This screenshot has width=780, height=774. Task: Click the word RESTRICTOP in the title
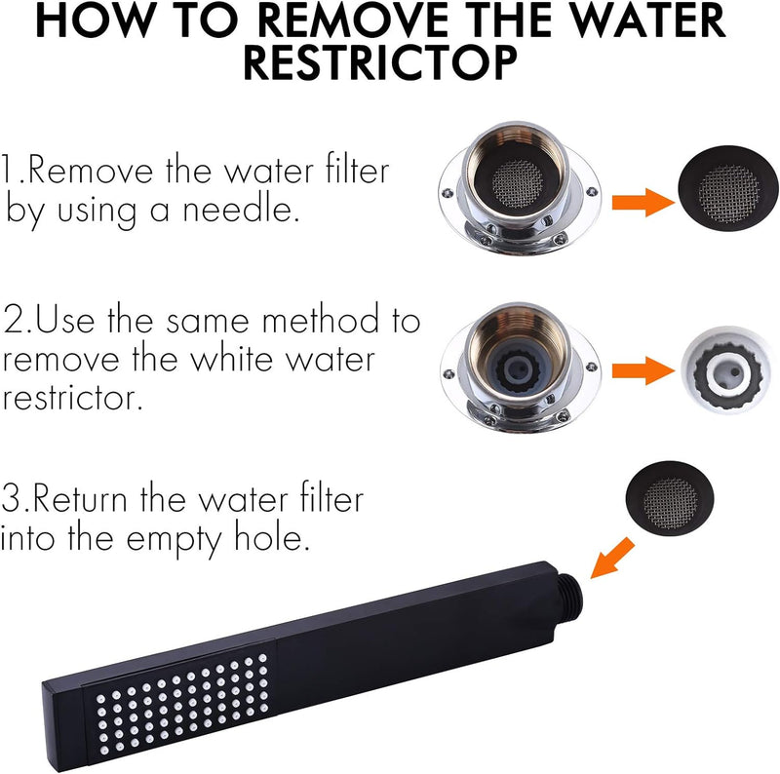pos(381,63)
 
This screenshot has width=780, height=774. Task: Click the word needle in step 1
pos(241,210)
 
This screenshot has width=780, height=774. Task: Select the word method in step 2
pos(321,320)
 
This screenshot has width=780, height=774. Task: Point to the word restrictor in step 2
pos(72,398)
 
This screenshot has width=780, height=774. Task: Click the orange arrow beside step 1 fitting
pos(643,203)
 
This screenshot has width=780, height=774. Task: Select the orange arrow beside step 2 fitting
pos(643,370)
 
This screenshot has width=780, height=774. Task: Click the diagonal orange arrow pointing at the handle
pos(613,559)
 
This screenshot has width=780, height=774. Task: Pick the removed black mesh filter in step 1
pos(727,188)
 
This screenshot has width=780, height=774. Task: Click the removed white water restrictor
pos(727,369)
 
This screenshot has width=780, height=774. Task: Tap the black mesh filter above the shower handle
pos(670,498)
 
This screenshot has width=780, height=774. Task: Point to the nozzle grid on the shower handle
pos(183,700)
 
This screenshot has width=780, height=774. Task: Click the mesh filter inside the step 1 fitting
pos(518,184)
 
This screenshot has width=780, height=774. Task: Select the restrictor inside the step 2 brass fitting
pos(518,368)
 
